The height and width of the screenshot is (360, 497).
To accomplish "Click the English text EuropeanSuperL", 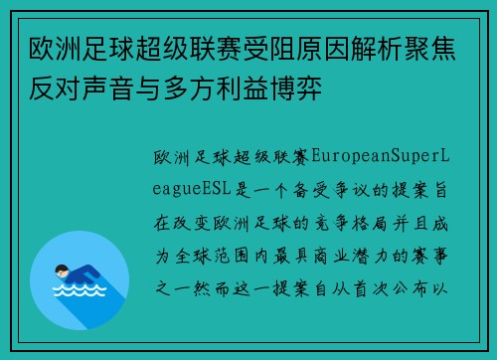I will click(x=384, y=157).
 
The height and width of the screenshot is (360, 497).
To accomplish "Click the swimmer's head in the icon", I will click(x=57, y=270).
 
